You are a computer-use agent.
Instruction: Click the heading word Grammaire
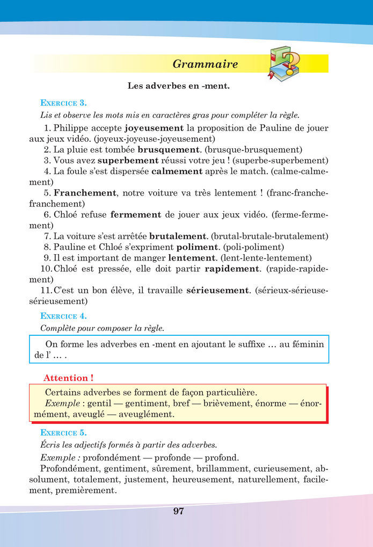(x=205, y=64)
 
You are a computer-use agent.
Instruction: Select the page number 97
(x=179, y=512)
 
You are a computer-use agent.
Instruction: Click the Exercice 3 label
(x=63, y=103)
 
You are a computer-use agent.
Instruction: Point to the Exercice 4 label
(x=63, y=316)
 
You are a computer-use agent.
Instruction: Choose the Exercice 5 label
(x=63, y=432)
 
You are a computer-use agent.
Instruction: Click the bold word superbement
(x=128, y=160)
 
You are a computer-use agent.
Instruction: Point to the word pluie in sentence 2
(x=79, y=149)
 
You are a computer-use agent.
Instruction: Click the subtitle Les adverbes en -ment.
(x=179, y=85)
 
